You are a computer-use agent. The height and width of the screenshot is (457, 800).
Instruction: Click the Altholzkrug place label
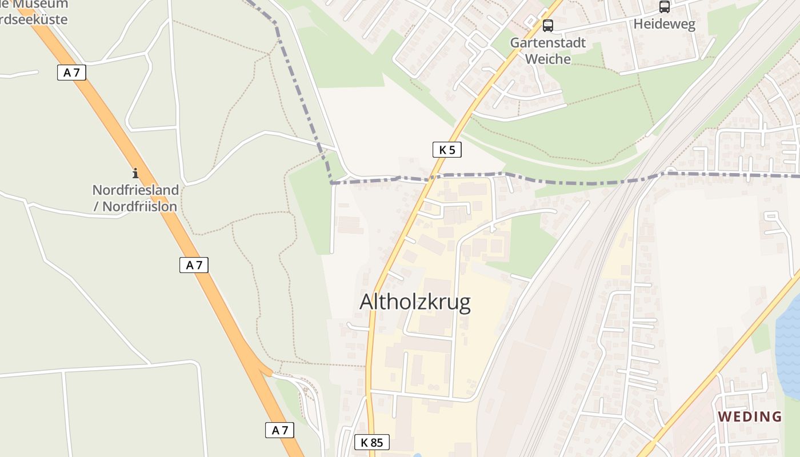pos(415,302)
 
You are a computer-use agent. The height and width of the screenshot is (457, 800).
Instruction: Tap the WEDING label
pos(750,416)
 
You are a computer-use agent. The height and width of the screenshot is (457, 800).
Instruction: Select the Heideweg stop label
pos(664,25)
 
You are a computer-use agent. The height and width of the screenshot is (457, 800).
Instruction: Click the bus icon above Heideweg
pos(664,7)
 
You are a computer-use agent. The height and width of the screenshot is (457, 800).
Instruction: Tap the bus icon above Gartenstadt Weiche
pos(547,25)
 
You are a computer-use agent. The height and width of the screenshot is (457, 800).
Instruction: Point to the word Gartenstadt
pos(547,43)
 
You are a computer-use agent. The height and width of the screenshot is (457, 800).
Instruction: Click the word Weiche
pos(547,59)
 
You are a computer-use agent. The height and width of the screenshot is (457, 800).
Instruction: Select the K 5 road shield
pos(446,150)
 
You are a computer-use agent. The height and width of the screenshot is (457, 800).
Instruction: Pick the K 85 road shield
pos(371,442)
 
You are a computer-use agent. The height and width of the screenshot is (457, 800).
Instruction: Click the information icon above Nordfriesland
pos(135,173)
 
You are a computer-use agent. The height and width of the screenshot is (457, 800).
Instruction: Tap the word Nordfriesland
pos(135,190)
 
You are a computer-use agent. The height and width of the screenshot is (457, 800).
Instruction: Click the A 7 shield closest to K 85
pos(279,430)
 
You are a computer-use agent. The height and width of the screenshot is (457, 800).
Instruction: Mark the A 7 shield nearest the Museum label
pos(71,73)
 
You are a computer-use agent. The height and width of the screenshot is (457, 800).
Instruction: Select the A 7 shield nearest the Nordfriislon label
pos(194,264)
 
